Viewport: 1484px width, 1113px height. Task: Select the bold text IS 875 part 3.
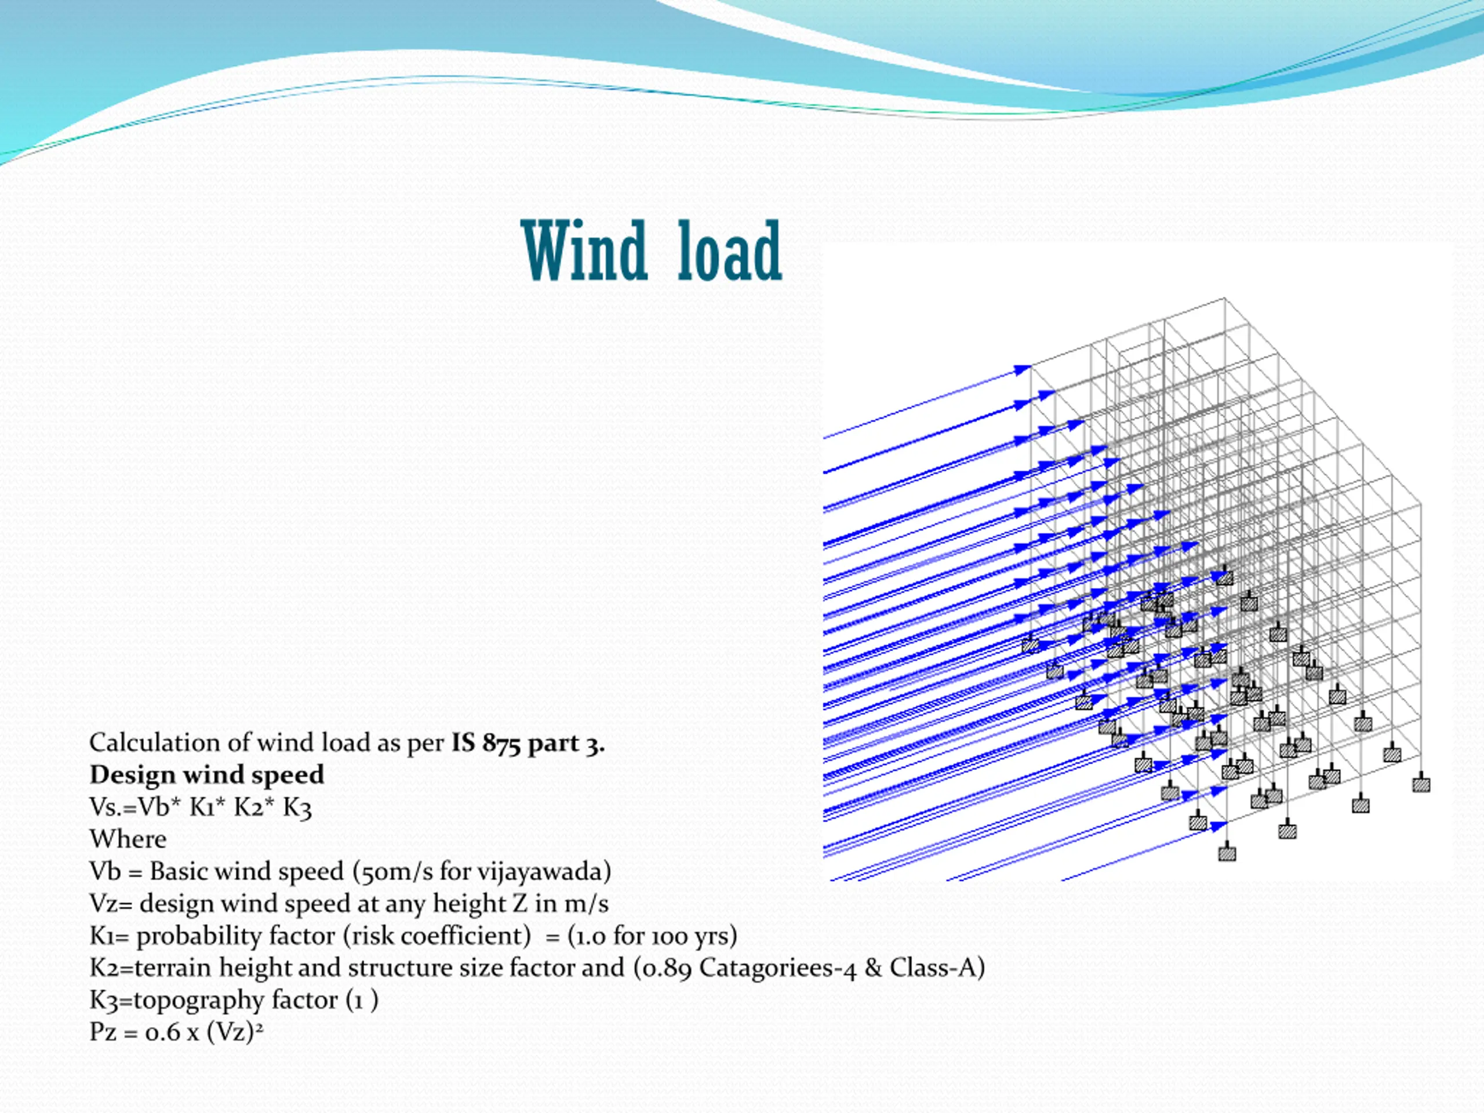[x=528, y=743]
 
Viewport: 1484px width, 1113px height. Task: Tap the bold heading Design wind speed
[x=206, y=775]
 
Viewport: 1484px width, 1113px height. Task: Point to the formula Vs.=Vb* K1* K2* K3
[x=201, y=807]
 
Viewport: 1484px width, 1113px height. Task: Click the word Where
[x=128, y=839]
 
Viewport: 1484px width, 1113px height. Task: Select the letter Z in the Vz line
[x=520, y=904]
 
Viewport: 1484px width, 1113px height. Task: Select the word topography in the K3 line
[x=199, y=1001]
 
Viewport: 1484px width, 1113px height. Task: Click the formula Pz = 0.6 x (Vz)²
[x=176, y=1032]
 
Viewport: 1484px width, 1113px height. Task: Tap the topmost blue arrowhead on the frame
[x=1022, y=370]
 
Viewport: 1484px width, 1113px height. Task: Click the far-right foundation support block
[x=1421, y=784]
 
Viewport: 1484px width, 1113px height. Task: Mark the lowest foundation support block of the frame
[x=1227, y=854]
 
